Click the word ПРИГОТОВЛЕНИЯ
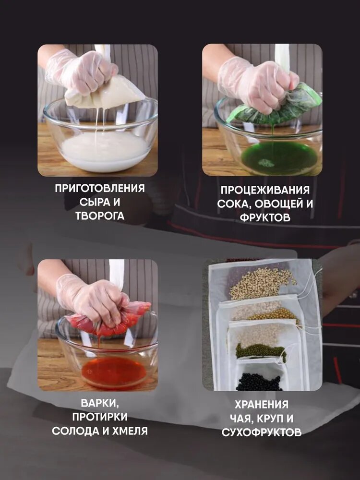point(100,188)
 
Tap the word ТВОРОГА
point(100,216)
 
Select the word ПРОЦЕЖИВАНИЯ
point(265,190)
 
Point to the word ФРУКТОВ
point(265,217)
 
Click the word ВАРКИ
point(100,403)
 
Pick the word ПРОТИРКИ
point(100,417)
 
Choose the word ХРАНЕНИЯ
point(262,404)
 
